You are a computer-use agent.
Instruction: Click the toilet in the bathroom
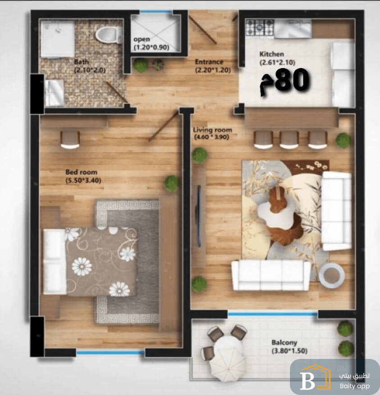[108, 35]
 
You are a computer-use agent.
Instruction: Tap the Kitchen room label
[271, 54]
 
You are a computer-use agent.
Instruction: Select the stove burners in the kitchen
[259, 28]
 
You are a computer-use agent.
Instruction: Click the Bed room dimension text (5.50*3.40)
[83, 181]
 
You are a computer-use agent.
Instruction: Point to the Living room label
[212, 130]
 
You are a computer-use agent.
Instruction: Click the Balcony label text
[285, 343]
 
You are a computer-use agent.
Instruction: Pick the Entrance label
[209, 62]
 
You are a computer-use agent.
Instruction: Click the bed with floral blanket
[90, 261]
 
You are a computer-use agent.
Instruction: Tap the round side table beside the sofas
[331, 276]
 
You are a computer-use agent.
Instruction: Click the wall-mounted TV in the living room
[199, 216]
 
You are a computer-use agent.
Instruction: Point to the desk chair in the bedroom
[70, 140]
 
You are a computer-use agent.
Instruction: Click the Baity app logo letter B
[308, 380]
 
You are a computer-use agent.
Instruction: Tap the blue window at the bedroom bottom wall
[110, 353]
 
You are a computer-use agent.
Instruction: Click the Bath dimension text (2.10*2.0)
[90, 70]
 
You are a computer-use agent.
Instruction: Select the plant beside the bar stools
[344, 140]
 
